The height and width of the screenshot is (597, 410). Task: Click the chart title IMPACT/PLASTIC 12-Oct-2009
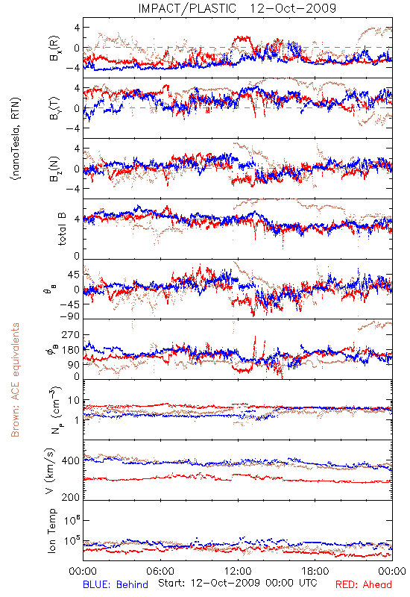[237, 8]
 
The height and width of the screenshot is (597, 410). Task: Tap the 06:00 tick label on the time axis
[160, 571]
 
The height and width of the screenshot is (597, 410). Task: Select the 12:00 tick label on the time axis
[238, 571]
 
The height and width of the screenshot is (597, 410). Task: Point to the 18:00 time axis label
[315, 571]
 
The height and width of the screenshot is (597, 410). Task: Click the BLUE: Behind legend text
[116, 584]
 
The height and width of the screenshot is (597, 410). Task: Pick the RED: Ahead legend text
[364, 584]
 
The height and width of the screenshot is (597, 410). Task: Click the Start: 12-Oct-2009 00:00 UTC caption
[238, 583]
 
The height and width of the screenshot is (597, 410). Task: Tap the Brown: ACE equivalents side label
[15, 380]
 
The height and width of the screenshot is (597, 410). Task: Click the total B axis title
[62, 228]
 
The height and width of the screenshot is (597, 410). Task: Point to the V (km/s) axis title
[50, 471]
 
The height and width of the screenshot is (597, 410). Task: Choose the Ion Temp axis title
[51, 531]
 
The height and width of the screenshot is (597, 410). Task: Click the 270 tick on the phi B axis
[70, 334]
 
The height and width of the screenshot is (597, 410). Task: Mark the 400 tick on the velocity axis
[70, 460]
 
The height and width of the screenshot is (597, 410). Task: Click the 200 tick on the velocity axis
[70, 497]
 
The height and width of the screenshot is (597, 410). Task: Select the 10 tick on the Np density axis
[74, 401]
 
